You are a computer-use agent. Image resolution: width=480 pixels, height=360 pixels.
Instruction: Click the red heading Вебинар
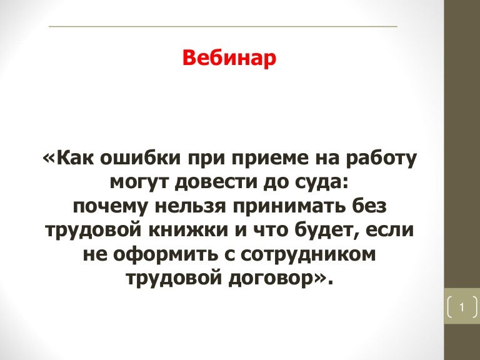click(229, 57)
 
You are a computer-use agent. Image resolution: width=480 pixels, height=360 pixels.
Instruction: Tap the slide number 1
click(462, 307)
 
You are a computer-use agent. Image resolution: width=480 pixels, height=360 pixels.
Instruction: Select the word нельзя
click(191, 206)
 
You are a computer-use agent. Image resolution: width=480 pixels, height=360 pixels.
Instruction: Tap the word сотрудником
click(308, 254)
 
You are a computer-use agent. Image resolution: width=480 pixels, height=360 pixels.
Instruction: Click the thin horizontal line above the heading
click(223, 27)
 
